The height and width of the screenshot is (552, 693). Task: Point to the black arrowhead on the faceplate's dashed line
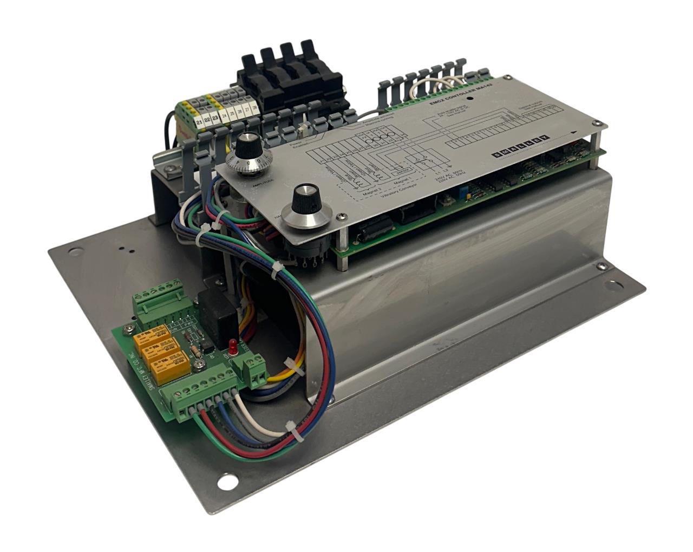(574, 135)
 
